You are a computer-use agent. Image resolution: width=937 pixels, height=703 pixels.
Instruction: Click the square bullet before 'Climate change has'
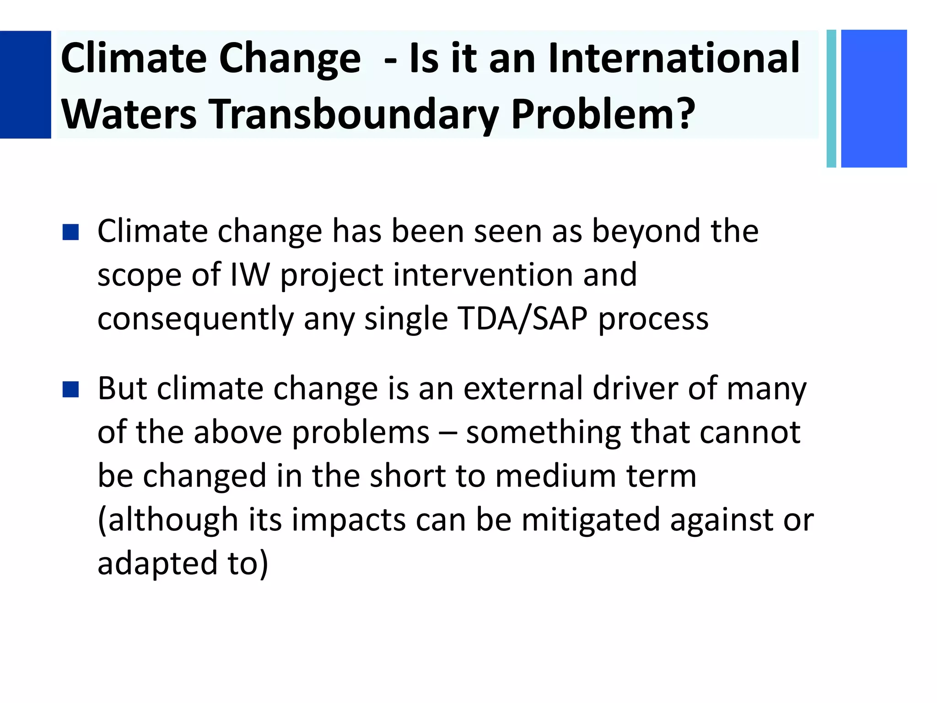[71, 232]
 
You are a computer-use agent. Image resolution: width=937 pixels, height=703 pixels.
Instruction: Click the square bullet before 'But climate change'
[71, 389]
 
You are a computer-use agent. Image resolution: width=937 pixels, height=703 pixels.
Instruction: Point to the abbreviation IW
[249, 275]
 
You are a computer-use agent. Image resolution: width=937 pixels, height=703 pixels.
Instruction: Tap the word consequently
[195, 319]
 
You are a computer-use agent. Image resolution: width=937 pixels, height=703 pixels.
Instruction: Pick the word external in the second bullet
[522, 389]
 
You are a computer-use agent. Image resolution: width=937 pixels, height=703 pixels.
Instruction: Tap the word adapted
[157, 564]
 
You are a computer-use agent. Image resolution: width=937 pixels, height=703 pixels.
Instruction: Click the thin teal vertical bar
[831, 98]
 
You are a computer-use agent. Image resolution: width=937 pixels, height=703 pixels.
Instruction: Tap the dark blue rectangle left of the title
[25, 84]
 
